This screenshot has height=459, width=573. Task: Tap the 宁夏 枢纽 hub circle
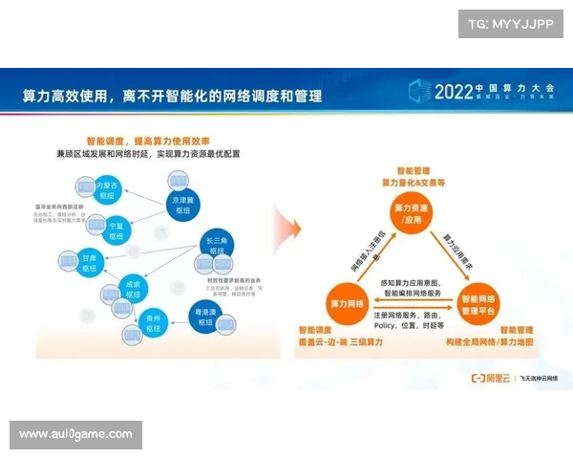(117, 229)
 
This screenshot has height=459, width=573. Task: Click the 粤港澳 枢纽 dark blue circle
(204, 317)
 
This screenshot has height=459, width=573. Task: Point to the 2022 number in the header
(455, 93)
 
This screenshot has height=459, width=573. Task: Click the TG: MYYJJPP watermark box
(511, 24)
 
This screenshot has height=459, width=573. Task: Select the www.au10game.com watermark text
(76, 434)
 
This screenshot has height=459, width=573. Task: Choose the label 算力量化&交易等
(414, 181)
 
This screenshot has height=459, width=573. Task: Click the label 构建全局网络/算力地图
(489, 342)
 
